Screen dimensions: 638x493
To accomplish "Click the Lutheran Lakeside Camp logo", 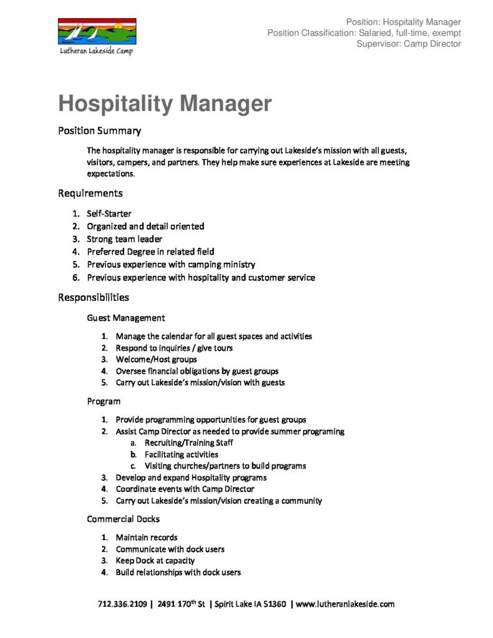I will pos(97,37).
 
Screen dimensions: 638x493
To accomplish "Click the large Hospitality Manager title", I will pos(165,103).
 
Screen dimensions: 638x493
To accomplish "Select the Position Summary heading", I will pos(99,131).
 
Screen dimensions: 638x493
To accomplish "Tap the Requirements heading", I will pos(90,193).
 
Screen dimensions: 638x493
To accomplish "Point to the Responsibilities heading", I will pos(93,297).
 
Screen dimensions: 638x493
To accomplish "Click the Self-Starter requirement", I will pos(109,214).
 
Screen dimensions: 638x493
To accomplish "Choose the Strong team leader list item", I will pos(124,239).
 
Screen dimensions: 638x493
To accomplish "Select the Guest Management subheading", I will pos(126,318).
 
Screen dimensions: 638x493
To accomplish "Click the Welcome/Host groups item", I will pos(156,359).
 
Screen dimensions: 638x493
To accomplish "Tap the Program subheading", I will pos(103,401).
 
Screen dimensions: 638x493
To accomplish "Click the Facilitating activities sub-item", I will pos(181,455).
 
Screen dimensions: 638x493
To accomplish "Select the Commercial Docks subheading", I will pos(123,519).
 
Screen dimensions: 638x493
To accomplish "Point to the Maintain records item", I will pos(146,537).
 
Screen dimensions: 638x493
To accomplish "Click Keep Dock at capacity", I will pos(155,561).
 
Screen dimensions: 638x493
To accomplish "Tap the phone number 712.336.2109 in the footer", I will pos(122,604).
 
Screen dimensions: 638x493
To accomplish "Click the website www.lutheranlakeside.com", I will pos(345,604).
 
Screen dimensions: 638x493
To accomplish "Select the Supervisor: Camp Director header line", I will pos(408,44).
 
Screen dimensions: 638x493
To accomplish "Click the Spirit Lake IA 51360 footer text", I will pos(250,604).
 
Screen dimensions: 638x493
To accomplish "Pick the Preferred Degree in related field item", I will pos(150,252).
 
